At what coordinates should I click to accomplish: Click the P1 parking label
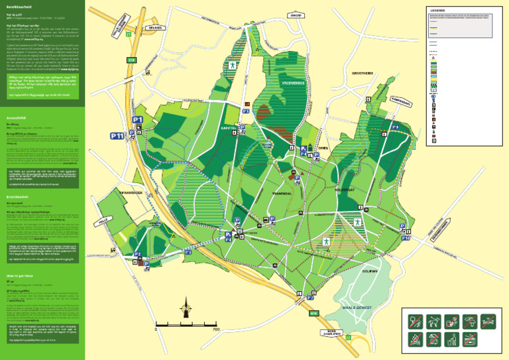(138, 119)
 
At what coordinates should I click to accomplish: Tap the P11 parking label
(117, 136)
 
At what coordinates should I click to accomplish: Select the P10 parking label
(406, 237)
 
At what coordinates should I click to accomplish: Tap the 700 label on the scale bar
(215, 328)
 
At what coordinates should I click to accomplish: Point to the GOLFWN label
(370, 270)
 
